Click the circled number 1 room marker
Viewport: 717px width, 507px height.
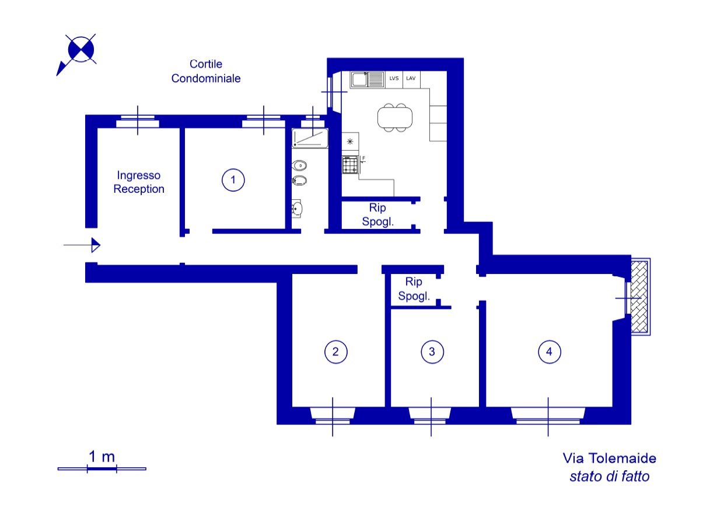[233, 180]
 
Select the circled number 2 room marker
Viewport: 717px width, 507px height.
[336, 352]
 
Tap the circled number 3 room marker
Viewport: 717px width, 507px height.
[432, 352]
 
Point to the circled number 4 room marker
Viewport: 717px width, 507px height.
[550, 352]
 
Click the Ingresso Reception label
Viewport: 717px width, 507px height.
[139, 182]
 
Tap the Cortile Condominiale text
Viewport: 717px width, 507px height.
[206, 71]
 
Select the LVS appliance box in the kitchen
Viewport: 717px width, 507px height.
[394, 79]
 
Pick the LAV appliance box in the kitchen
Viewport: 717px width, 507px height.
[411, 79]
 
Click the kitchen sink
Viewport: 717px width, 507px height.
[368, 79]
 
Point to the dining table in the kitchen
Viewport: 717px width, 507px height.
[395, 117]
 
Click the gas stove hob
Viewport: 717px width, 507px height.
[350, 165]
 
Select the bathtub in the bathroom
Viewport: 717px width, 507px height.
[310, 138]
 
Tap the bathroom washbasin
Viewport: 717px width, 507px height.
[297, 209]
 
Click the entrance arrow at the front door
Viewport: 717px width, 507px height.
[82, 245]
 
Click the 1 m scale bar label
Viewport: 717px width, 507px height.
[102, 457]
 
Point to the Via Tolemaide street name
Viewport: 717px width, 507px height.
[610, 459]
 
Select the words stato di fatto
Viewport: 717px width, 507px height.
[610, 477]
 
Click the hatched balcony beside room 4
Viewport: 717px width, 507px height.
[639, 297]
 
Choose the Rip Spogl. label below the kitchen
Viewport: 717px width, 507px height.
[377, 214]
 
